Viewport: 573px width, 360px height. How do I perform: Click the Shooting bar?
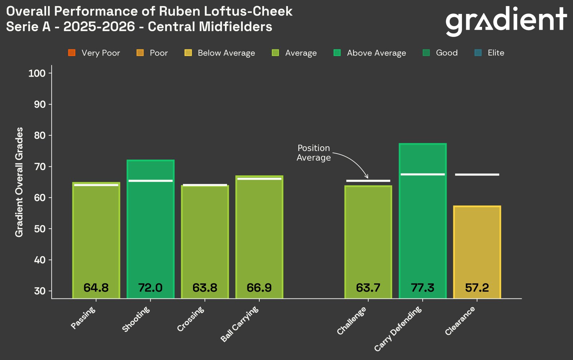pos(150,229)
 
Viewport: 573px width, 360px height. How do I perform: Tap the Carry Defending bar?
pos(423,222)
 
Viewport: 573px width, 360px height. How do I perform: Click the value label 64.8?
pos(96,288)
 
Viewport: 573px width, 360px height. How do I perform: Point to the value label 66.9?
pos(259,288)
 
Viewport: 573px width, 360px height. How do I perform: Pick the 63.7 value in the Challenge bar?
pos(368,288)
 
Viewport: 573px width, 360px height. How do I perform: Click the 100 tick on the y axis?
pos(37,73)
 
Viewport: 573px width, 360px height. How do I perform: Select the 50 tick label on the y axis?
pos(40,229)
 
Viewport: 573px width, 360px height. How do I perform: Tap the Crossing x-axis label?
pos(191,319)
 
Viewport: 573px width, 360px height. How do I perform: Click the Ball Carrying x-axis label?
pos(239,324)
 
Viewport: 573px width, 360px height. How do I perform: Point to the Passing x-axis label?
pos(83,318)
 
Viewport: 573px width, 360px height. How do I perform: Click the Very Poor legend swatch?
pos(72,53)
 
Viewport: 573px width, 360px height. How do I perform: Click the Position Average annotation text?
pos(313,153)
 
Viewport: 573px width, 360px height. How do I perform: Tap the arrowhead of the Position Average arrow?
pos(366,176)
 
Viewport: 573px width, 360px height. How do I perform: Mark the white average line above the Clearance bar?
pos(477,175)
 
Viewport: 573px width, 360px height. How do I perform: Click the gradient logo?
pos(506,20)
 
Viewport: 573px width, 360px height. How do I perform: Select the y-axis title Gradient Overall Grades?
pos(19,182)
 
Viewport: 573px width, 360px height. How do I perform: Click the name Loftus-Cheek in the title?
pos(248,11)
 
